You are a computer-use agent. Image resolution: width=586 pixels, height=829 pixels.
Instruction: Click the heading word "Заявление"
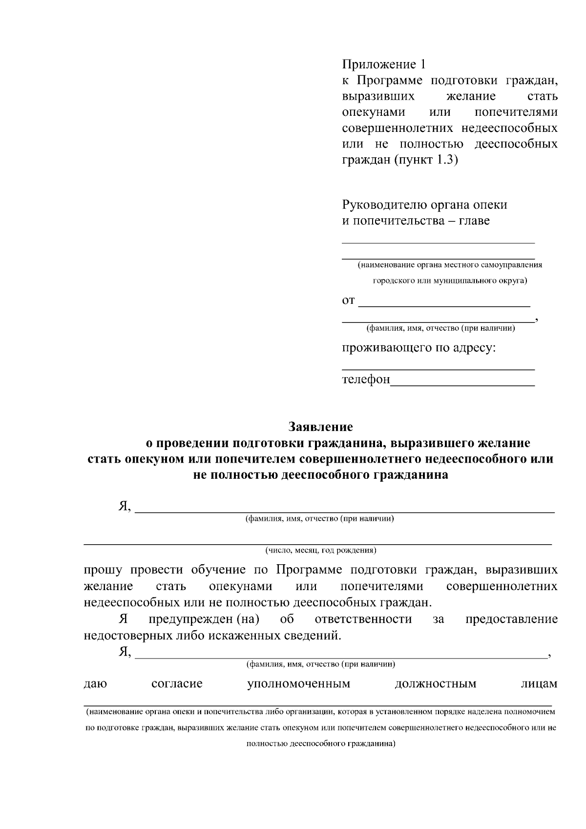pos(320,427)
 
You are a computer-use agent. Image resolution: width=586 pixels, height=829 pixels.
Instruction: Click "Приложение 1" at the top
pos(383,64)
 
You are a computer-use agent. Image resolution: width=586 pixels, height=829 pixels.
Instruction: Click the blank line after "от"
pos(444,303)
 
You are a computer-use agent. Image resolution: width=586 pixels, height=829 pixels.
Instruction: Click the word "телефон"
pos(366,380)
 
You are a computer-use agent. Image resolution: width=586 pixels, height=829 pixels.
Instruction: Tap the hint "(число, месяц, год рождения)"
pos(320,551)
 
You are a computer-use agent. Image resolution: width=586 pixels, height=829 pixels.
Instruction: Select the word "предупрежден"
pos(190,619)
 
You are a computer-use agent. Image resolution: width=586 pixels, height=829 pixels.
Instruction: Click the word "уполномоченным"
pos(298,683)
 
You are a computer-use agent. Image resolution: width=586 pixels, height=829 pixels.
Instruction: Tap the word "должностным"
pos(435,683)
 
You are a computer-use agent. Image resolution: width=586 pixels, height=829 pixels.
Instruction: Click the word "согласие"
pos(177,683)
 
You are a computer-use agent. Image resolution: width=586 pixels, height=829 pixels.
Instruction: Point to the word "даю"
pos(95,683)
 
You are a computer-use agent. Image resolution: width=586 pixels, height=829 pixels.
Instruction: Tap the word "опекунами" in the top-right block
pos(374,112)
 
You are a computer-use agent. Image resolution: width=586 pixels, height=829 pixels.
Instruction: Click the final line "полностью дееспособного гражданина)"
pos(320,744)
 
